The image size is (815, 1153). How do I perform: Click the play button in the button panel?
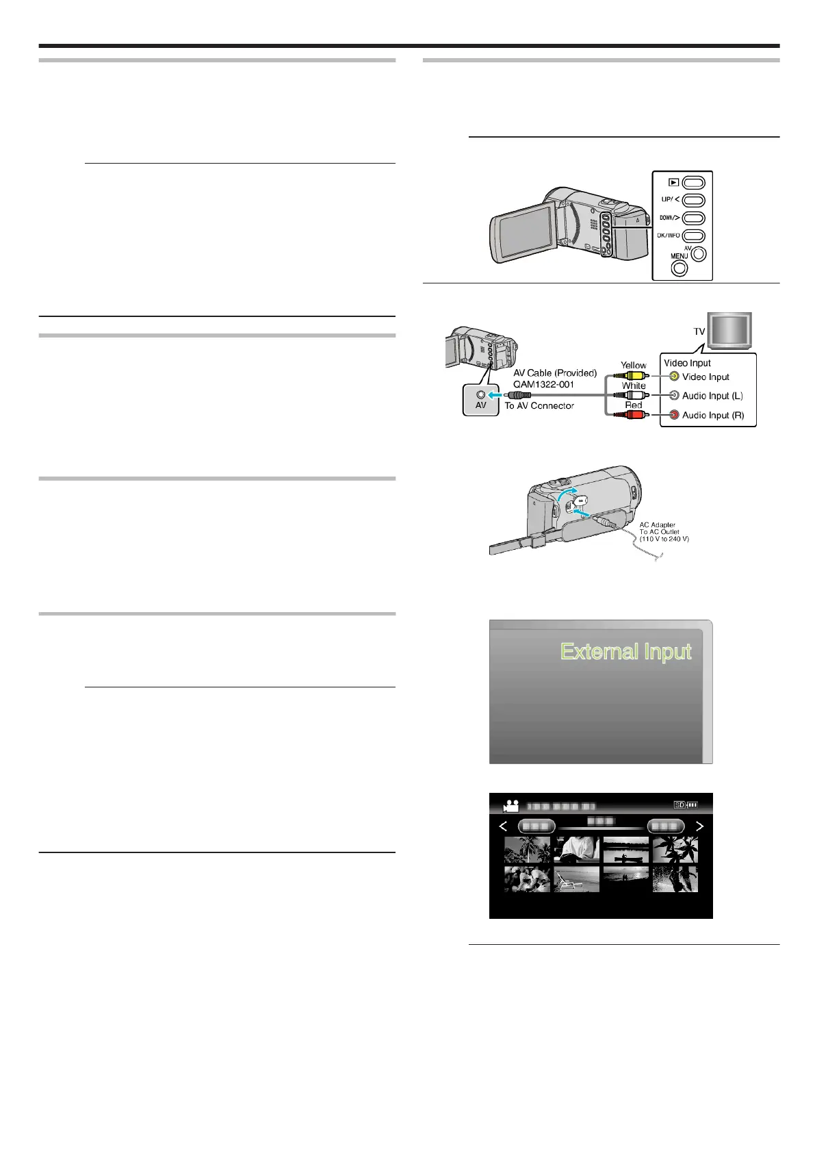pyautogui.click(x=693, y=183)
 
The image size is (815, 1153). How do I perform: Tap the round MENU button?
pyautogui.click(x=679, y=268)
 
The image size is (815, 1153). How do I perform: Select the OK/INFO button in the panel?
pyautogui.click(x=693, y=236)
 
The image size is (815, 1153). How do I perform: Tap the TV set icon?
pyautogui.click(x=729, y=331)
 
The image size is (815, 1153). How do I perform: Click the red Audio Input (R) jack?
pyautogui.click(x=674, y=415)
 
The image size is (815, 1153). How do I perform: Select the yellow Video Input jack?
pyautogui.click(x=674, y=377)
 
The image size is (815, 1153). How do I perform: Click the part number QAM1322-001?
pyautogui.click(x=543, y=384)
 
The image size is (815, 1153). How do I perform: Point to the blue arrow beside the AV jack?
pyautogui.click(x=495, y=395)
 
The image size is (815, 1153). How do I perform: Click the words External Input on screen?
pyautogui.click(x=625, y=651)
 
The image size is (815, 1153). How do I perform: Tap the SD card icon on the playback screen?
pyautogui.click(x=680, y=805)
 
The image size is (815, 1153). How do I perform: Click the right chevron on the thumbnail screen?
pyautogui.click(x=699, y=826)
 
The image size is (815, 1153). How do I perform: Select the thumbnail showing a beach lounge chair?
pyautogui.click(x=576, y=879)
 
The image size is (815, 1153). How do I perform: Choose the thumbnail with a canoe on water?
pyautogui.click(x=625, y=850)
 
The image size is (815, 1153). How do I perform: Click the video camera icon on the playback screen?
pyautogui.click(x=511, y=806)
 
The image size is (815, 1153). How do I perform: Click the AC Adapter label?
pyautogui.click(x=657, y=525)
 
